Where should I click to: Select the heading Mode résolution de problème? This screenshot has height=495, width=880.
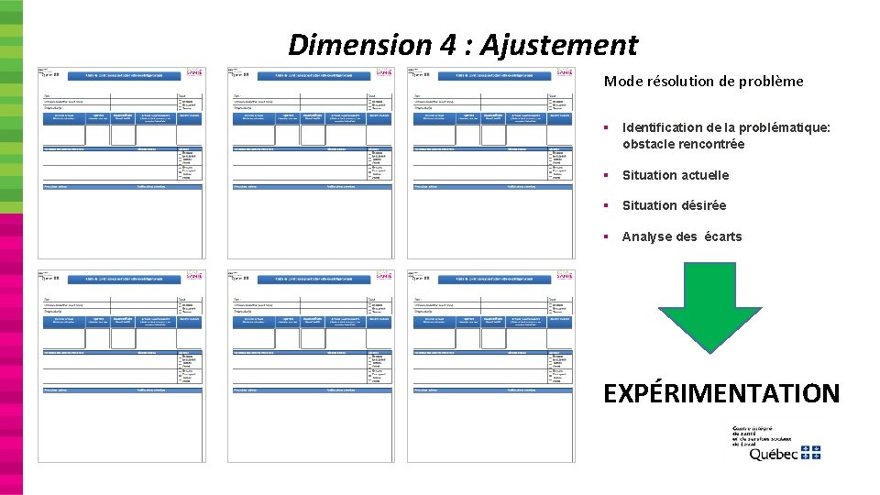[703, 82]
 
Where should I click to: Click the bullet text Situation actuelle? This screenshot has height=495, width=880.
[676, 175]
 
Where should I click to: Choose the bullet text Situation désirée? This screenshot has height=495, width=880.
[674, 205]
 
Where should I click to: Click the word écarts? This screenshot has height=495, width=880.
[723, 236]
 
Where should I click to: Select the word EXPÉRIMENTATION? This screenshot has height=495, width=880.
[721, 394]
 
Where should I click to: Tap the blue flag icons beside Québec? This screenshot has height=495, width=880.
[810, 452]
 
